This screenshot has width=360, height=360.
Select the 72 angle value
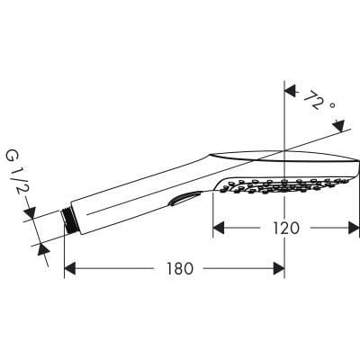tap(313, 100)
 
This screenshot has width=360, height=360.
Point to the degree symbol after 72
tap(332, 108)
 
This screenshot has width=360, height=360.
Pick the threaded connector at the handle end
tap(69, 222)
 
